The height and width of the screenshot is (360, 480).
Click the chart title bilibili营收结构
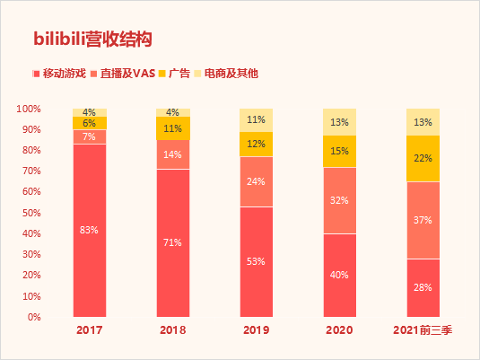(x=92, y=39)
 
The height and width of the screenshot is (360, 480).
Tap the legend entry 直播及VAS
(x=129, y=73)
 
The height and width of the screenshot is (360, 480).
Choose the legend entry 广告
(x=179, y=73)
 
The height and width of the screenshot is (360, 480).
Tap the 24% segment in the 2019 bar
(x=256, y=182)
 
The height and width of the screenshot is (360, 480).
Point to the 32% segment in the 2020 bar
(x=339, y=200)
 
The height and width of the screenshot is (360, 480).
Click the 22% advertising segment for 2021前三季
(x=423, y=158)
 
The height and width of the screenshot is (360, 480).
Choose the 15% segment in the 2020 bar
(x=339, y=151)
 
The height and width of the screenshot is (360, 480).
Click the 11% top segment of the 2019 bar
(x=256, y=119)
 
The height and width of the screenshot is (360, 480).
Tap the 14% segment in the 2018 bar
(x=172, y=154)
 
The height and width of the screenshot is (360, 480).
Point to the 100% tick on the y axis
(x=29, y=109)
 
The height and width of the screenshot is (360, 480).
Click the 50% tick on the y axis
(x=31, y=213)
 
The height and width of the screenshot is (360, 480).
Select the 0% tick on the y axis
(x=34, y=317)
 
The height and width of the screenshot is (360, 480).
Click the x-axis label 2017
(x=89, y=331)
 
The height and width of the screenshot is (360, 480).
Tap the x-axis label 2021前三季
(x=423, y=331)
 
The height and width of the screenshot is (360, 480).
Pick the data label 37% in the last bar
(x=423, y=220)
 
